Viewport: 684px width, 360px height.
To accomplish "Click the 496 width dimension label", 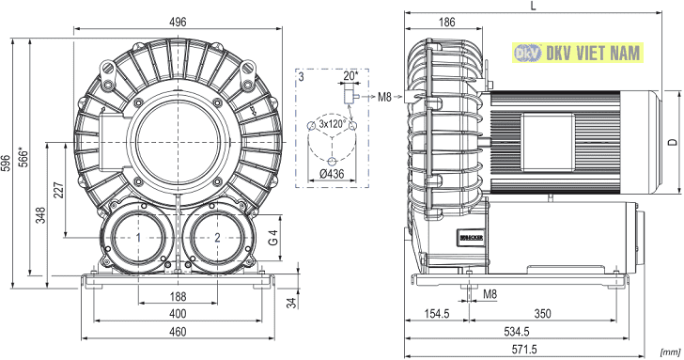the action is tap(178, 22).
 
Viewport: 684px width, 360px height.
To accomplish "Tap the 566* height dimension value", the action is tap(24, 158).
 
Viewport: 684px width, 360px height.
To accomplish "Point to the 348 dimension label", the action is tap(40, 215).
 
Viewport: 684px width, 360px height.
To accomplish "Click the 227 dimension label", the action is tap(59, 191).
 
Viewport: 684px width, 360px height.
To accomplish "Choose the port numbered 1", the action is tap(138, 238).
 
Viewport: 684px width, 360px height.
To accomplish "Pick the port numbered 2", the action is tap(217, 238).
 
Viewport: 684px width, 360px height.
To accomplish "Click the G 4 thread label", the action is tap(273, 238).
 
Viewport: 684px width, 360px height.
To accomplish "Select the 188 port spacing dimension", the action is tap(178, 297).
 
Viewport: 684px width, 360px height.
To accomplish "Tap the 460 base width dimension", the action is tap(178, 332).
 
